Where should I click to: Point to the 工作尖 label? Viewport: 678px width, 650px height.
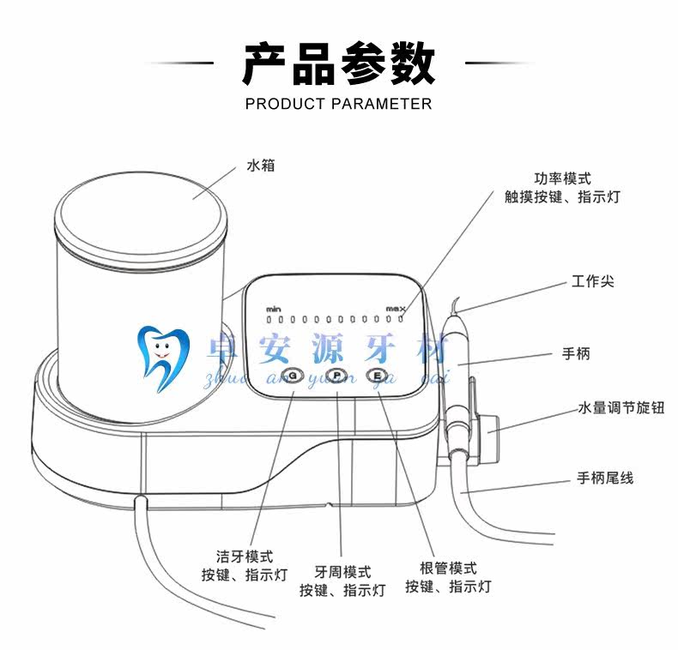point(593,281)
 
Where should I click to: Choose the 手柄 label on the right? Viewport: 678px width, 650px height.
point(576,353)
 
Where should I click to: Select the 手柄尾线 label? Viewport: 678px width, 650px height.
point(604,478)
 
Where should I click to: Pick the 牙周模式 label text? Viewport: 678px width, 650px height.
point(342,572)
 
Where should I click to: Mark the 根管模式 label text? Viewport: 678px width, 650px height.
point(448,569)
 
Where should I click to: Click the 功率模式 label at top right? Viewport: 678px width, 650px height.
point(563,178)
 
